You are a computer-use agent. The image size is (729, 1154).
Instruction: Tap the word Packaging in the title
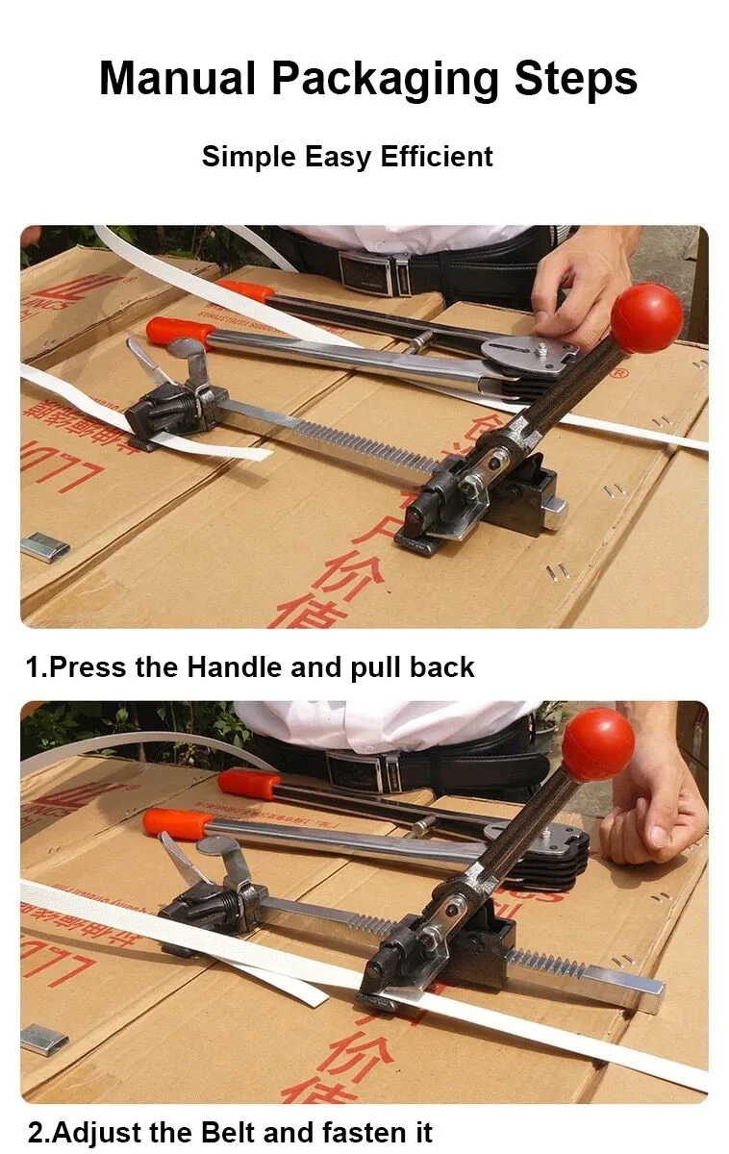click(385, 79)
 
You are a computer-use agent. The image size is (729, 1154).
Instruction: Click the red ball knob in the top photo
click(646, 317)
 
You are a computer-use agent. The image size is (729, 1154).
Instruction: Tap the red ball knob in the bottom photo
click(597, 742)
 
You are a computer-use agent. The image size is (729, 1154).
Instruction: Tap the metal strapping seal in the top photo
click(45, 548)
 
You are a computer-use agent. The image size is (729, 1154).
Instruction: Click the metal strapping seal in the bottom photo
click(44, 1040)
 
